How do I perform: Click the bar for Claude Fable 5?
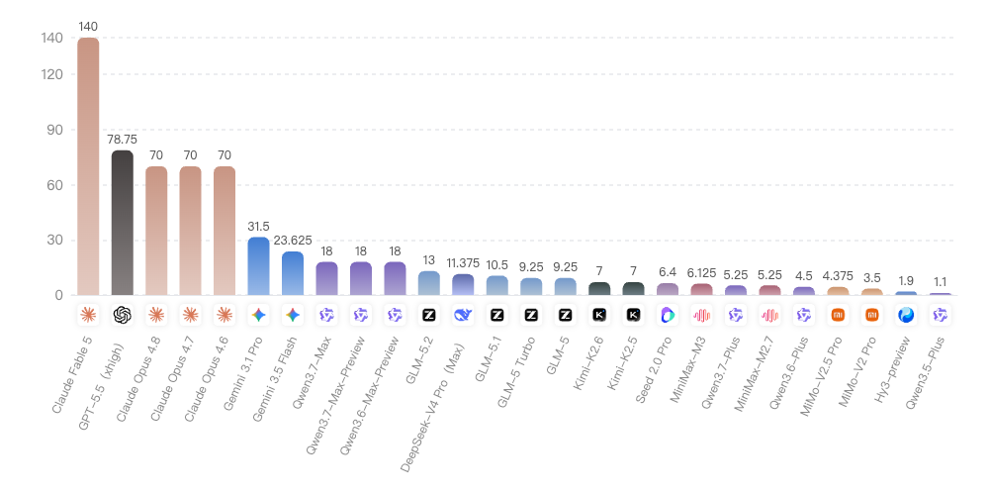tap(88, 166)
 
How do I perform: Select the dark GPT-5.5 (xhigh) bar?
tap(122, 223)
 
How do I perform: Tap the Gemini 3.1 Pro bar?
tap(258, 266)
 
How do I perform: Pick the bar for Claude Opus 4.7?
tap(190, 231)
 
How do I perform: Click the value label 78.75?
tap(122, 139)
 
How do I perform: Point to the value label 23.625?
tap(293, 241)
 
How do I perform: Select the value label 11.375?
tap(463, 262)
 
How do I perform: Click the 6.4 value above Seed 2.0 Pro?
tap(668, 272)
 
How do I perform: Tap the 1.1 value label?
tap(941, 282)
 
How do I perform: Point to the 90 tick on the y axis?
tap(54, 130)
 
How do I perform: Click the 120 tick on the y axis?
tap(51, 74)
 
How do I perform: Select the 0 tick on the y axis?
tap(58, 295)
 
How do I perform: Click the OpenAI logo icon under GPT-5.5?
tap(122, 315)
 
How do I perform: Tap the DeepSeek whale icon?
tap(463, 315)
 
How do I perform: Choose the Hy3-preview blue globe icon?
tap(906, 315)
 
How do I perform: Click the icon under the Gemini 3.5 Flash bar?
tap(293, 315)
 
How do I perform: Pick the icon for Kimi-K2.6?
tap(599, 315)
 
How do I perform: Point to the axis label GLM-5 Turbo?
tap(517, 372)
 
